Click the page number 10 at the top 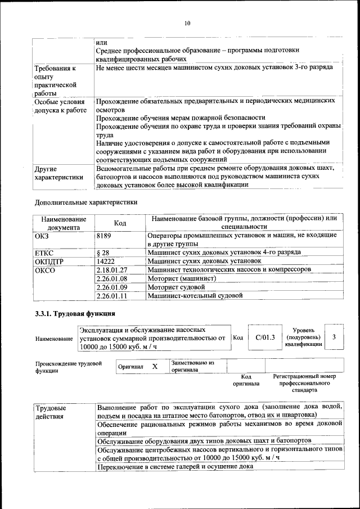[x=187, y=23]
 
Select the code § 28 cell [x=103, y=253]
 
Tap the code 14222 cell [x=106, y=262]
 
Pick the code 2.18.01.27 [x=112, y=270]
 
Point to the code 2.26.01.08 [x=112, y=278]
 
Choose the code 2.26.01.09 [x=112, y=287]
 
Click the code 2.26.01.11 [x=112, y=295]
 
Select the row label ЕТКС [x=44, y=253]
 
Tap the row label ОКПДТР [x=49, y=262]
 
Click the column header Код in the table [x=120, y=223]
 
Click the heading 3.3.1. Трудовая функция [x=75, y=313]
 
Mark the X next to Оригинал [x=154, y=366]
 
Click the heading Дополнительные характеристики [x=86, y=201]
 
